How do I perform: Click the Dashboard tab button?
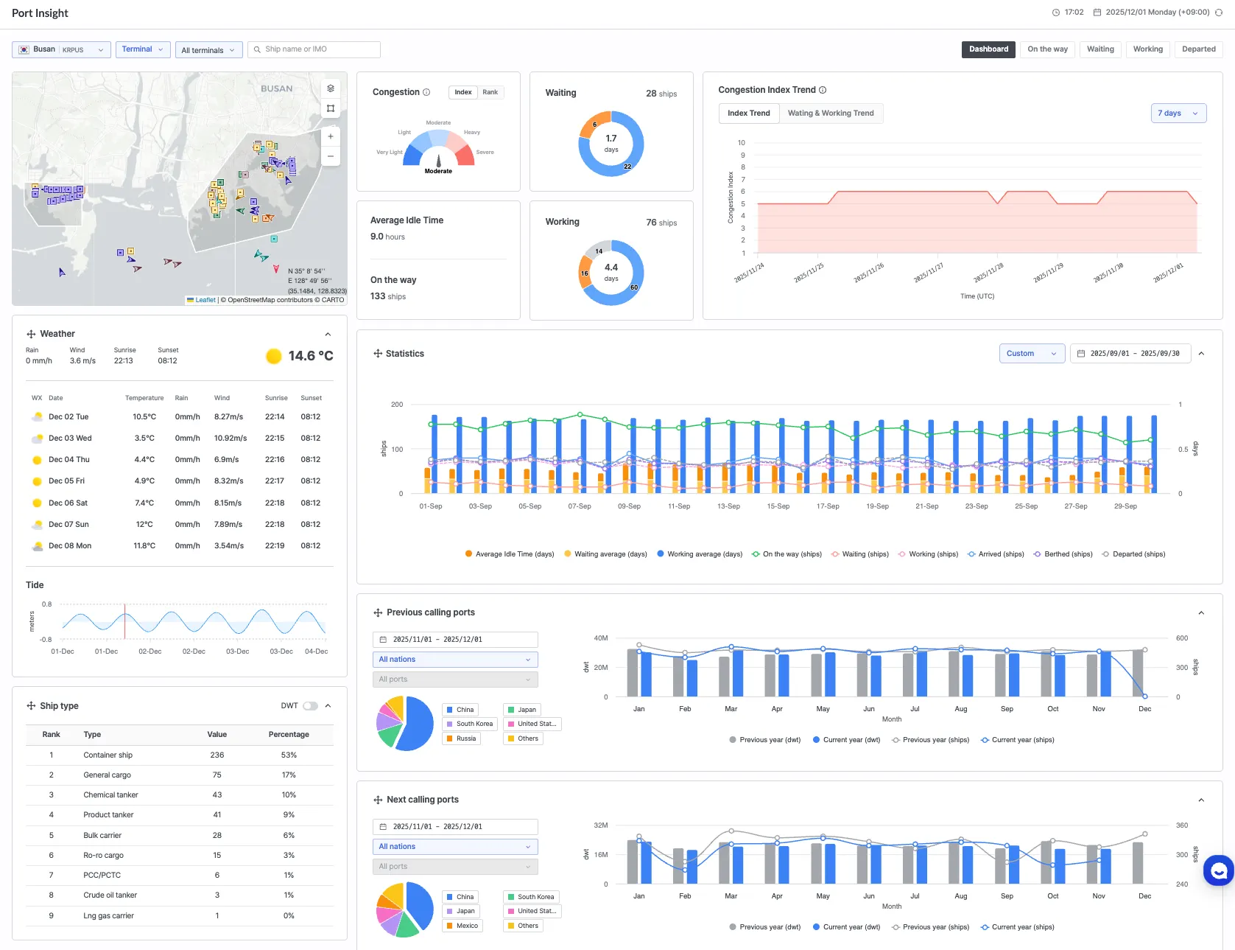988,49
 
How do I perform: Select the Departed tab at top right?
1198,49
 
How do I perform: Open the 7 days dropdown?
1178,113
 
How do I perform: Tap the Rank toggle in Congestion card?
490,92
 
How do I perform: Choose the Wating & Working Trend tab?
831,113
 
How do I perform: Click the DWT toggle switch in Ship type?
311,706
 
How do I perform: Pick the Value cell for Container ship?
217,755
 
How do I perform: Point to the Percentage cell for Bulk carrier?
289,836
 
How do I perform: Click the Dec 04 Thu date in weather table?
69,460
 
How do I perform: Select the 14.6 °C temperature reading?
310,356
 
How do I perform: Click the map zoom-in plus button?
331,136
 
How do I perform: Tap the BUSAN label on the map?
276,89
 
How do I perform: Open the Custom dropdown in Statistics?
1032,354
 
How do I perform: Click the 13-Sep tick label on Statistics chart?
728,506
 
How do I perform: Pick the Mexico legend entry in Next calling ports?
466,926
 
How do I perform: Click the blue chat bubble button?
1218,871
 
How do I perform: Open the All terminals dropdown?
208,50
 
